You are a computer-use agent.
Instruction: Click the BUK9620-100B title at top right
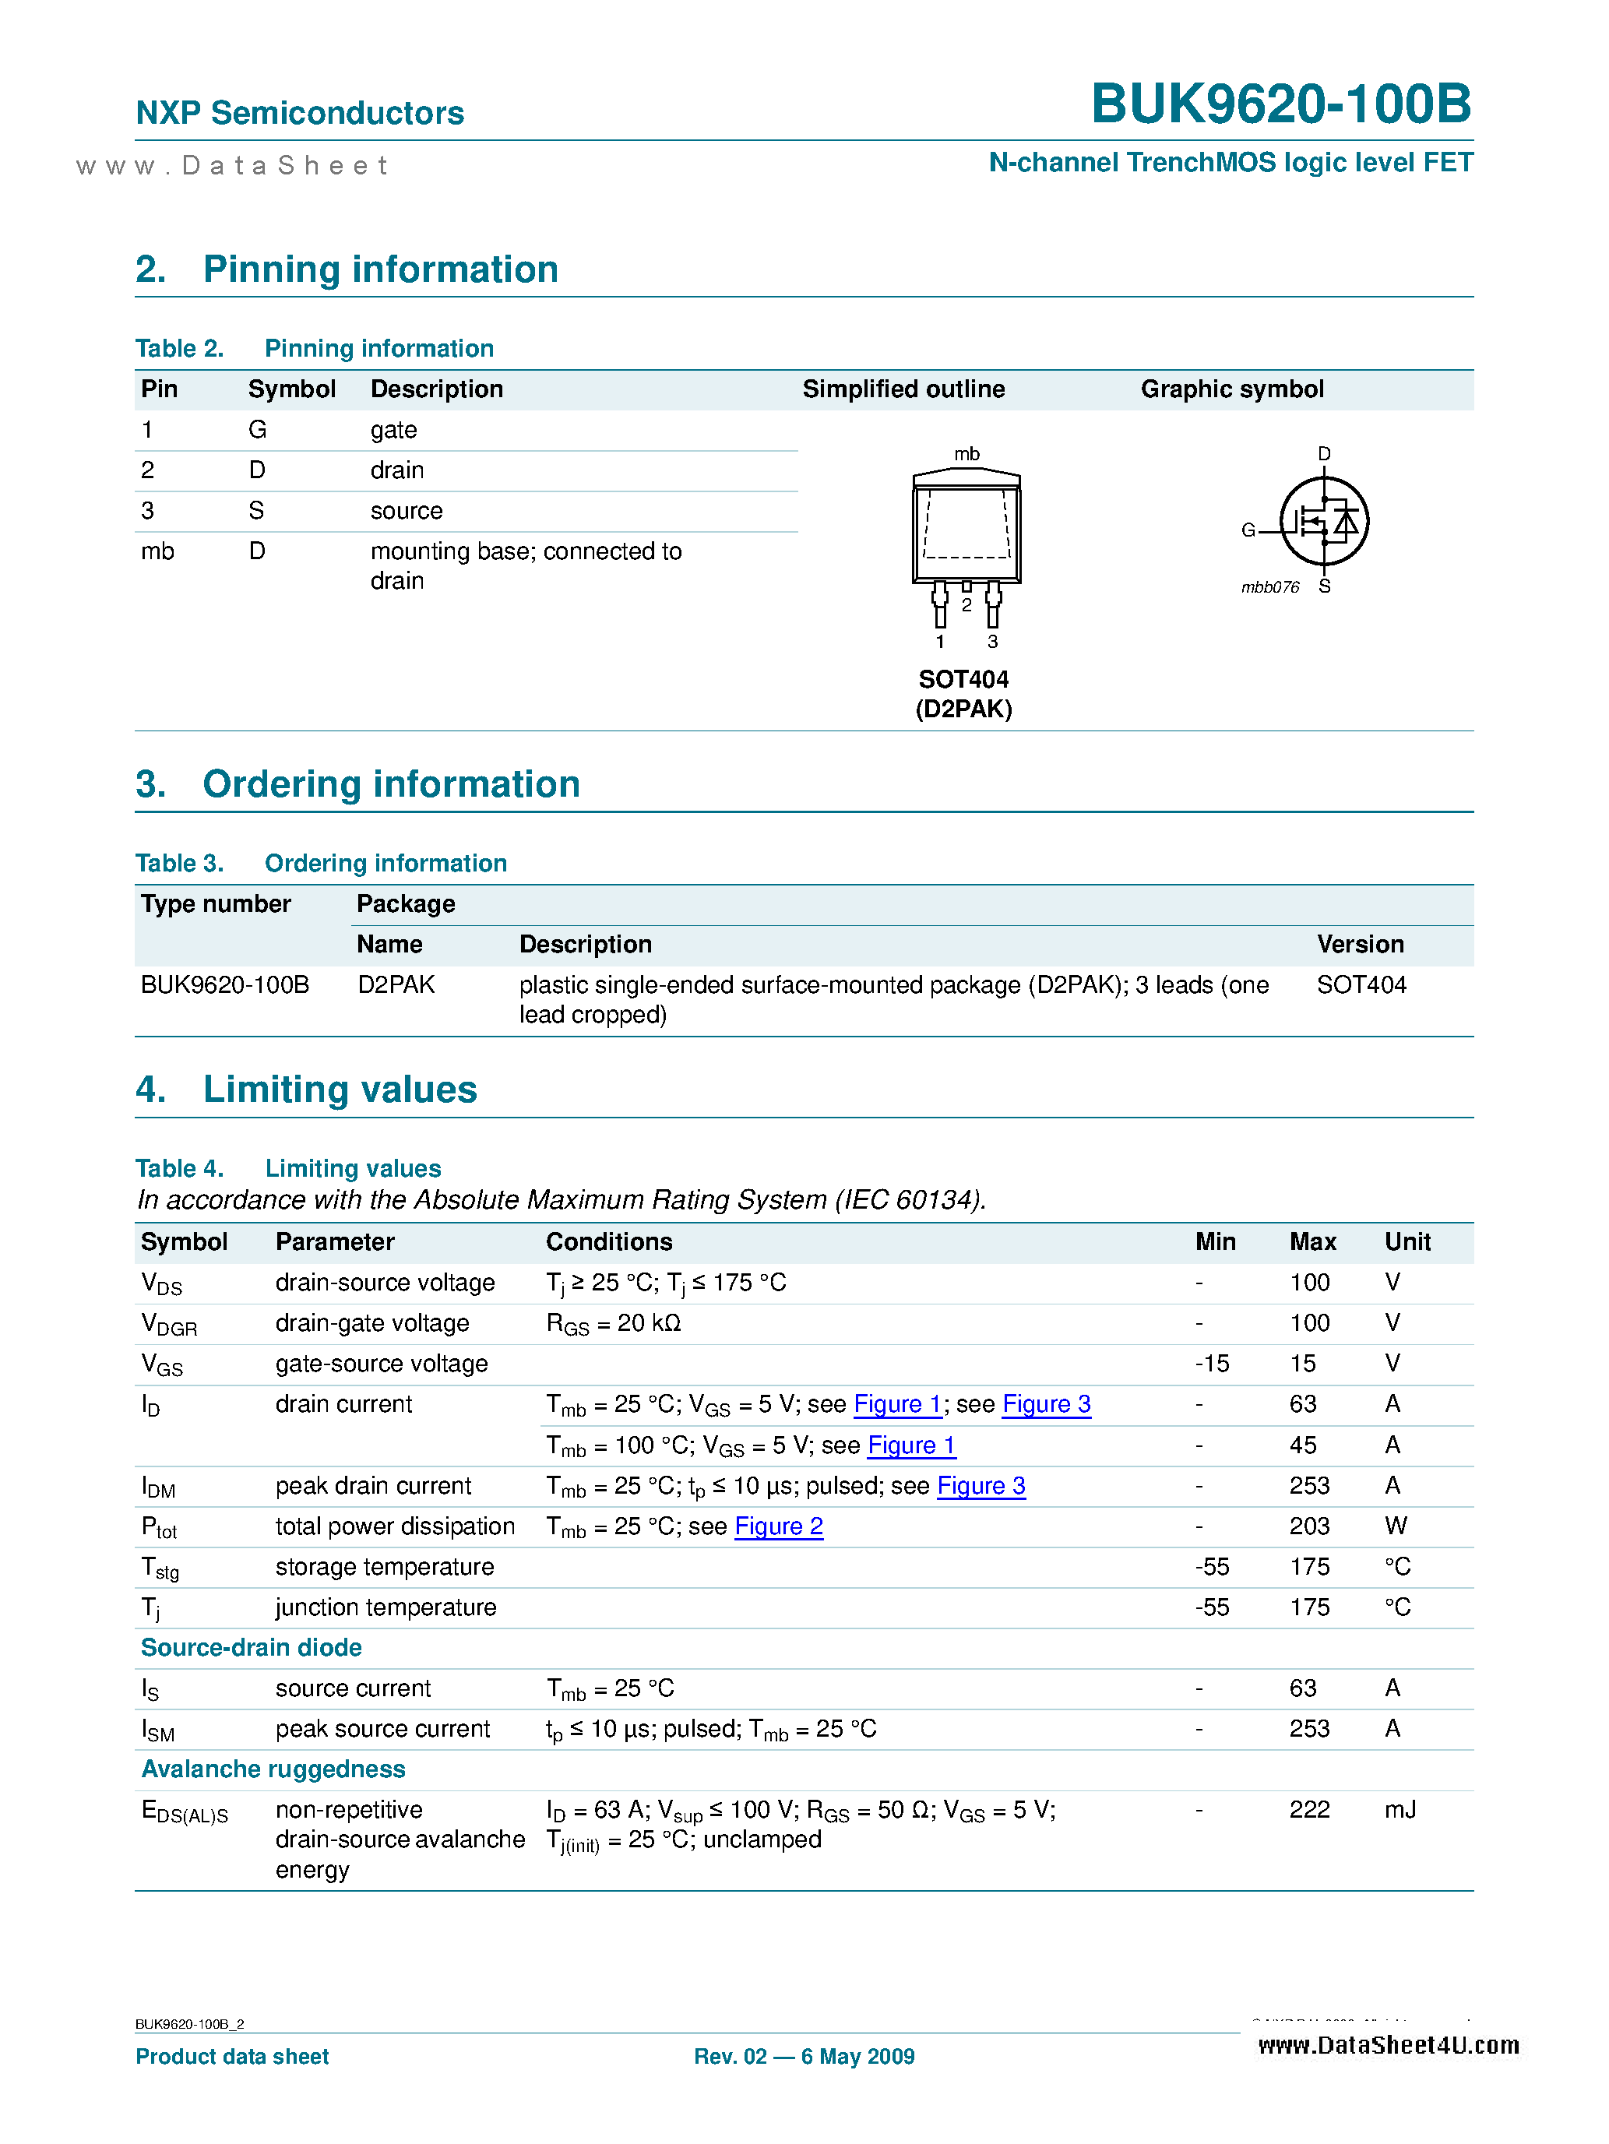(x=1280, y=104)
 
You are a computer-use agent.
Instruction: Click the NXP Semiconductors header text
(x=300, y=114)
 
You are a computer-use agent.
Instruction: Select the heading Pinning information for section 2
(x=380, y=269)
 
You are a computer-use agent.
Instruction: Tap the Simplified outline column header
(x=903, y=389)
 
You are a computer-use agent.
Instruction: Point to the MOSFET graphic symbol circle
(x=1323, y=522)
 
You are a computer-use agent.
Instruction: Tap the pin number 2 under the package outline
(x=966, y=606)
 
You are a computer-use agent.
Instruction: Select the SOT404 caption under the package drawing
(x=963, y=679)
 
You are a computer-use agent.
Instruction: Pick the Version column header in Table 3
(x=1359, y=944)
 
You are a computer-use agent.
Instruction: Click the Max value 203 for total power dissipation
(x=1308, y=1526)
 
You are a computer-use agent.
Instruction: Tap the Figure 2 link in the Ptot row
(x=778, y=1526)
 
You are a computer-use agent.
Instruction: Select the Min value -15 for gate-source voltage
(x=1212, y=1364)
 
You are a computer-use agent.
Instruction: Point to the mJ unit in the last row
(x=1400, y=1810)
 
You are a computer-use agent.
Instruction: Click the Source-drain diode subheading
(x=251, y=1648)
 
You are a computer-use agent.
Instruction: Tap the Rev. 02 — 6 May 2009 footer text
(x=804, y=2057)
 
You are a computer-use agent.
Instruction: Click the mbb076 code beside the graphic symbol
(x=1269, y=587)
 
